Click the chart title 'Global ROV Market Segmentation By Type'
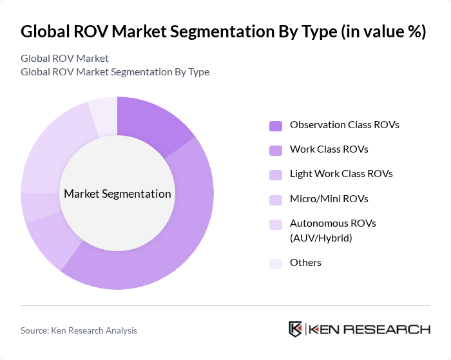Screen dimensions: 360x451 click(x=223, y=32)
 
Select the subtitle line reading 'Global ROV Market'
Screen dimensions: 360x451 click(x=64, y=59)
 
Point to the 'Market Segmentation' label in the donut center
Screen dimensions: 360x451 click(x=117, y=194)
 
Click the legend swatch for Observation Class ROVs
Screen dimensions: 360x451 click(x=276, y=125)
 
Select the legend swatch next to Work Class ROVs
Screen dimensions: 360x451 click(x=276, y=149)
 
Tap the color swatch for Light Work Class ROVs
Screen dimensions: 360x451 click(x=276, y=175)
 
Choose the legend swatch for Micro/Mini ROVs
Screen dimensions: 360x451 click(x=276, y=199)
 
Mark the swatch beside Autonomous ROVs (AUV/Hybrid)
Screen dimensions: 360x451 click(x=276, y=224)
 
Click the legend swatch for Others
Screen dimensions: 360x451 click(x=276, y=263)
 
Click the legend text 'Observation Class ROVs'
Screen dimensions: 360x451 click(x=344, y=124)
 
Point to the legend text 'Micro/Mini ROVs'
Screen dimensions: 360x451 click(x=329, y=198)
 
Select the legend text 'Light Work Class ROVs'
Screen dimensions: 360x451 click(x=341, y=174)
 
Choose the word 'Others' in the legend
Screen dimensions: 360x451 click(x=305, y=262)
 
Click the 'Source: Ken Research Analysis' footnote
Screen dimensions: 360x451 click(x=79, y=330)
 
